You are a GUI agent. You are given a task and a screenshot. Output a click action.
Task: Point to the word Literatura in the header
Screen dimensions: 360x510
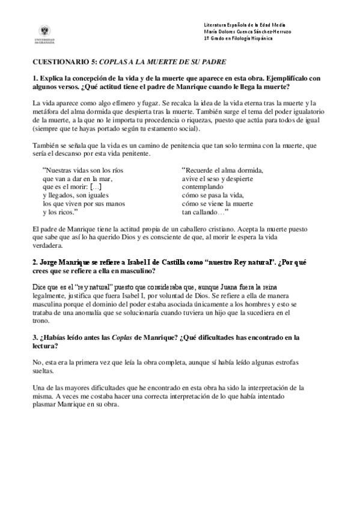pyautogui.click(x=215, y=24)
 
